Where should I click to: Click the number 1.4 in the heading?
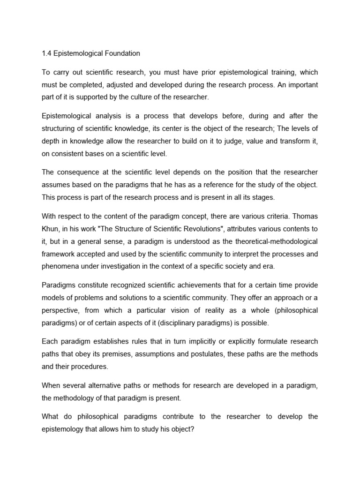click(x=47, y=53)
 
